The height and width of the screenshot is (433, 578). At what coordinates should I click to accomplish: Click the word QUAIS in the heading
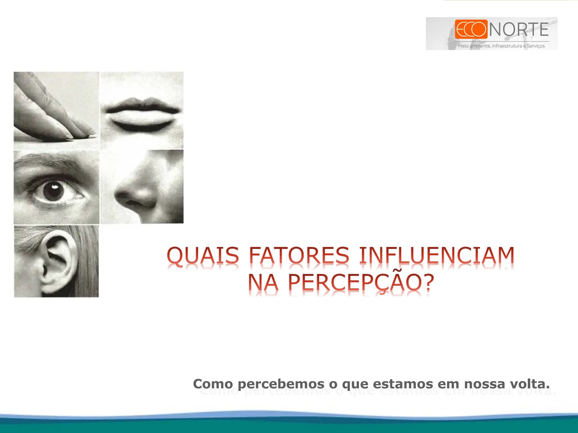click(203, 255)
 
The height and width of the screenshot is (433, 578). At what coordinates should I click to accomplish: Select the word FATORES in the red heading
click(299, 255)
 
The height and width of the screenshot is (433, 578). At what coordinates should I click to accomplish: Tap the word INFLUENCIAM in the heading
click(437, 255)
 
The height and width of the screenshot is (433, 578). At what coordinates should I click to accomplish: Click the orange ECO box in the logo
click(471, 29)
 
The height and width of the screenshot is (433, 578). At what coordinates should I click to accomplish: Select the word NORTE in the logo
click(519, 30)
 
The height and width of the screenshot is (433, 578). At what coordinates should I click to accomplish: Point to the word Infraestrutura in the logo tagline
click(507, 46)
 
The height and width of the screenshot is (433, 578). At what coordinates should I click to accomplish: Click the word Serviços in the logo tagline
click(536, 46)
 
